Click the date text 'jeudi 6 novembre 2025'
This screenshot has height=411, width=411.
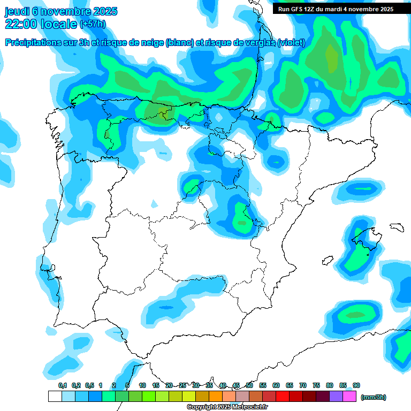coord(61,11)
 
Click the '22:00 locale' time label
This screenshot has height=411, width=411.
coord(41,24)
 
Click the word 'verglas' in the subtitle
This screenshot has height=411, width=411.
coord(258,43)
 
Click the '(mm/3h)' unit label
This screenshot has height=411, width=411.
coord(373,397)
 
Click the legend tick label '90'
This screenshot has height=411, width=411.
coord(356,385)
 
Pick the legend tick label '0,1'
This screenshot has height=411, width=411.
coord(63,385)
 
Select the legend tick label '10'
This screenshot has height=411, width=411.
coord(142,385)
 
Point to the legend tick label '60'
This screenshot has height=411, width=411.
coord(276,385)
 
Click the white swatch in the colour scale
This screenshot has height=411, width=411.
coord(55,397)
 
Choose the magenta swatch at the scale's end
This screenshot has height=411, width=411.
coord(349,397)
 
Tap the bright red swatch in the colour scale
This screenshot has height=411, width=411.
coord(283,397)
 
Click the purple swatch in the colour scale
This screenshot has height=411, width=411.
coord(336,397)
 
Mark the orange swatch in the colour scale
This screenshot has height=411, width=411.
coord(216,397)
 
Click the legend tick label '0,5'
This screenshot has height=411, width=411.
coord(89,385)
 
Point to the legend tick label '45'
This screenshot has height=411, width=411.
coord(236,385)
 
